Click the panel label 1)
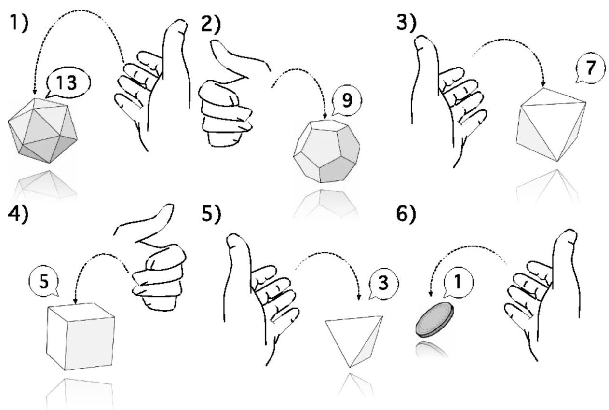pos(18,23)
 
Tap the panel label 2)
pos(211,25)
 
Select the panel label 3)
pos(406,23)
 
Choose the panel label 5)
pos(211,215)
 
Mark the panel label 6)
pos(406,214)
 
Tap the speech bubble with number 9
pos(347,101)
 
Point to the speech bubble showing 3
pos(383,284)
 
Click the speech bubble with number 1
pos(458,283)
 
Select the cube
pos(81,337)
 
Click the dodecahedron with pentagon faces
pos(326,151)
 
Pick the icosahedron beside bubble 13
pos(43,131)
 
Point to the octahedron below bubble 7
pos(551,124)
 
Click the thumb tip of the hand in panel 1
pos(180,23)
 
